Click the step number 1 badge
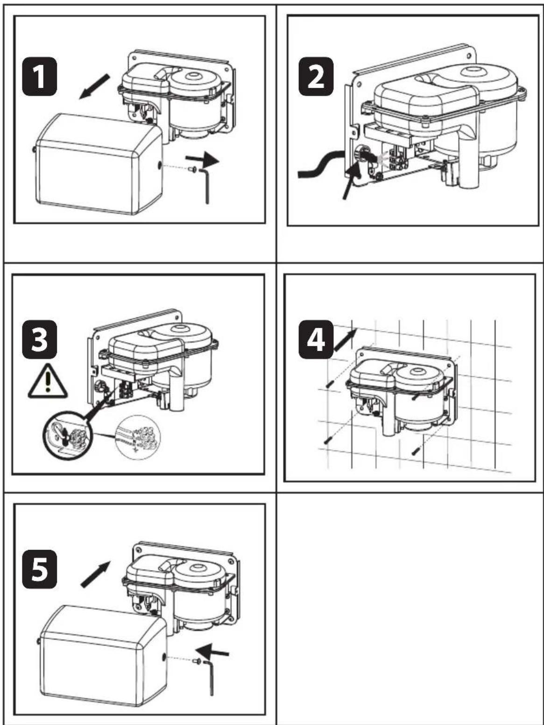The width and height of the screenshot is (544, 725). tap(40, 76)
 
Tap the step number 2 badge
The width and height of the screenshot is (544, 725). tap(316, 76)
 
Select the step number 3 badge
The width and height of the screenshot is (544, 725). tap(40, 339)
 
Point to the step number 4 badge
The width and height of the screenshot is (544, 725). tap(316, 339)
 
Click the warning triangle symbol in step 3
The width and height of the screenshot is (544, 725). tap(48, 382)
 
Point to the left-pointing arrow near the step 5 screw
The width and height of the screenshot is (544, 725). tap(212, 650)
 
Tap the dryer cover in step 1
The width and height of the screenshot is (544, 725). tap(98, 163)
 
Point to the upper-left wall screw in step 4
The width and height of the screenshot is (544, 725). tap(330, 383)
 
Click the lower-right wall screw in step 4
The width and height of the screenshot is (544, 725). tap(415, 450)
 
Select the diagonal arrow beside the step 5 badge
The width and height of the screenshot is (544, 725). tap(96, 574)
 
